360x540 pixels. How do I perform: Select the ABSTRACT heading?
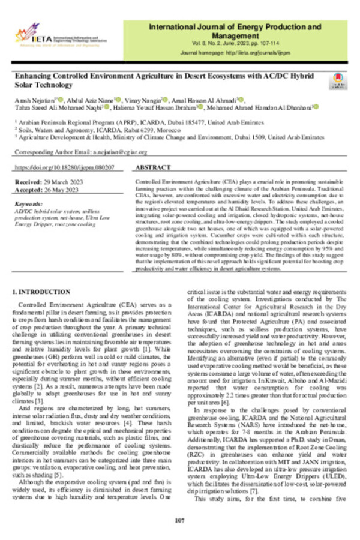point(157,169)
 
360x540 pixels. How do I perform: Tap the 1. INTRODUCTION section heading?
point(41,292)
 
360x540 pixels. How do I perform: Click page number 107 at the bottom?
point(179,519)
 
